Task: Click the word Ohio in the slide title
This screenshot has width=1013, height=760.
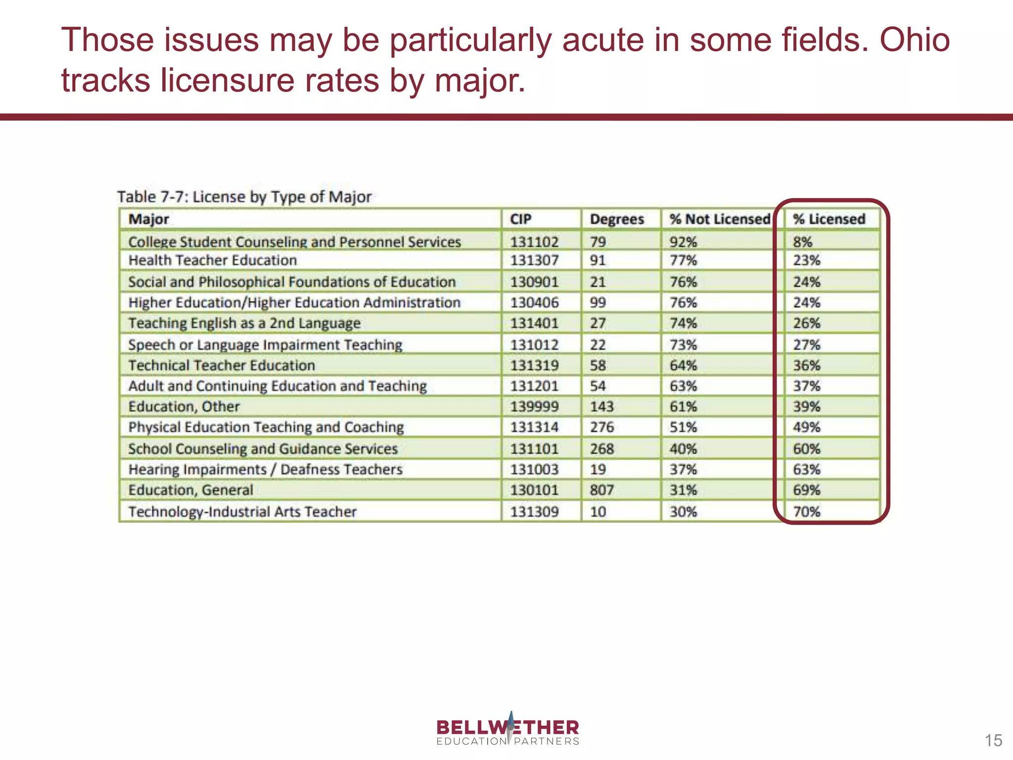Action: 914,40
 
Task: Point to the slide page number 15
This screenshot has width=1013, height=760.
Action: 993,741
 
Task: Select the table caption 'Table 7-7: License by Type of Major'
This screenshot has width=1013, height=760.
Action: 244,197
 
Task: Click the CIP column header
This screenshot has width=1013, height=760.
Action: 521,219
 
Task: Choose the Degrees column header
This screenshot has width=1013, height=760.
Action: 617,219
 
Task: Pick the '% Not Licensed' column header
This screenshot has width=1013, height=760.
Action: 720,219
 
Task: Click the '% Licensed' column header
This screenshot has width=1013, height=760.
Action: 829,219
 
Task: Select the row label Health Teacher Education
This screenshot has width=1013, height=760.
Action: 213,260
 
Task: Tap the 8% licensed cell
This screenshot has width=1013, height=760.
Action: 803,242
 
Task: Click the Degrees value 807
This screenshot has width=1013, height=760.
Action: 601,490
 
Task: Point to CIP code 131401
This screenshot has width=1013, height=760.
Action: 534,323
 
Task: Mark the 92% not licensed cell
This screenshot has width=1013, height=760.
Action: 683,242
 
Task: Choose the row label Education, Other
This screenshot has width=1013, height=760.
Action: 184,407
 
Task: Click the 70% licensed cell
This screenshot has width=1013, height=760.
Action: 807,512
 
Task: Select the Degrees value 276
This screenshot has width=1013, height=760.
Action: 601,427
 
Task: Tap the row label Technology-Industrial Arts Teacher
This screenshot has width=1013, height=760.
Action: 242,512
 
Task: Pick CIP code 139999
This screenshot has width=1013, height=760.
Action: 534,407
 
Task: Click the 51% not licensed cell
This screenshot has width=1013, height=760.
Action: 683,427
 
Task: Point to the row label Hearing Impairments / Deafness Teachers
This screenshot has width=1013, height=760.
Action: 266,470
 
